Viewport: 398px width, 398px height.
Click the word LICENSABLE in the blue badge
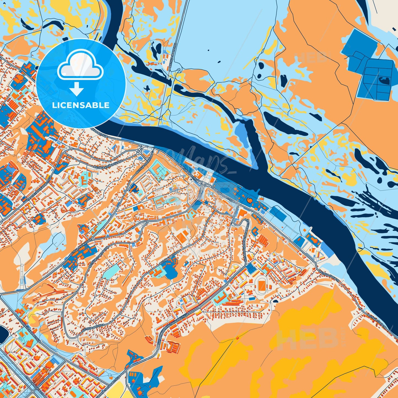(x=81, y=105)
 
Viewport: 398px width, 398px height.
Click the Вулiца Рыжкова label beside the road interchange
(x=145, y=165)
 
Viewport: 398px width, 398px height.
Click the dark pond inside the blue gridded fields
(x=385, y=81)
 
